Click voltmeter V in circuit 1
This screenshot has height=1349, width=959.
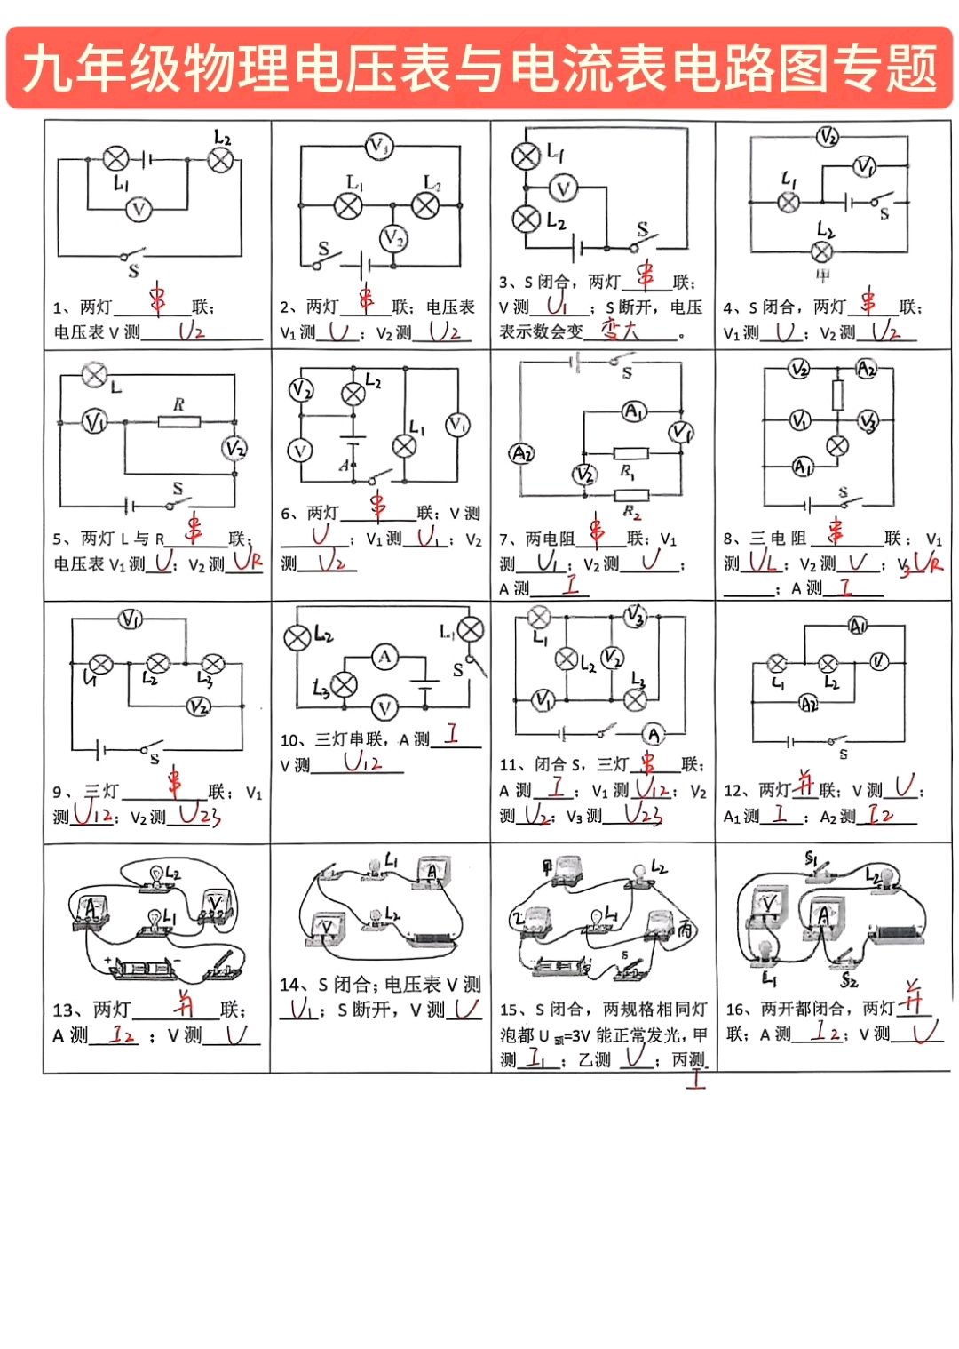pos(139,209)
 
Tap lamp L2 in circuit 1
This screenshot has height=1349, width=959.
pos(220,160)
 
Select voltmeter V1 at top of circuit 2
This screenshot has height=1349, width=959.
pos(379,146)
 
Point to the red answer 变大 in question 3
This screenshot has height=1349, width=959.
pos(620,331)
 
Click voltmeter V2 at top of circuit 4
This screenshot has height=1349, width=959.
pos(828,137)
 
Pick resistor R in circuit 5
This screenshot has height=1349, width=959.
pos(178,421)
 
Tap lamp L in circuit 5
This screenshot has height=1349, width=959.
pos(94,375)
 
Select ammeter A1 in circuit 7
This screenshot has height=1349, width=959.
pos(634,411)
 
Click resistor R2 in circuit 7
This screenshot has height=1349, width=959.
pos(631,495)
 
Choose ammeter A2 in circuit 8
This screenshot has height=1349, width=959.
pos(866,369)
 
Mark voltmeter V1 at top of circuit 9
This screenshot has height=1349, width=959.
pos(131,619)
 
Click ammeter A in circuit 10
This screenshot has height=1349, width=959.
pos(384,658)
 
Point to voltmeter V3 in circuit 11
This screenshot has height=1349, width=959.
pos(635,615)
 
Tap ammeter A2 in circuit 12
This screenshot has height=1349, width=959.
pos(809,705)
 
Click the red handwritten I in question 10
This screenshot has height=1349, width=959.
pos(452,733)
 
